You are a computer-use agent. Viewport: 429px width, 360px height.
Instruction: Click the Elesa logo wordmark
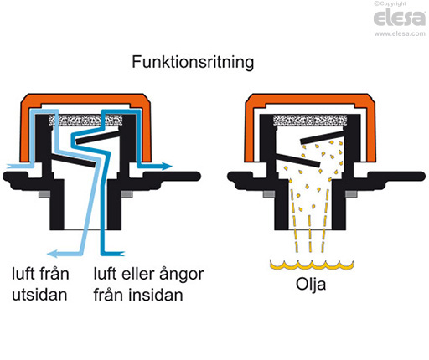398,21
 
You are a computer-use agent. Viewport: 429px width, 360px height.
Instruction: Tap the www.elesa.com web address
398,34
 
